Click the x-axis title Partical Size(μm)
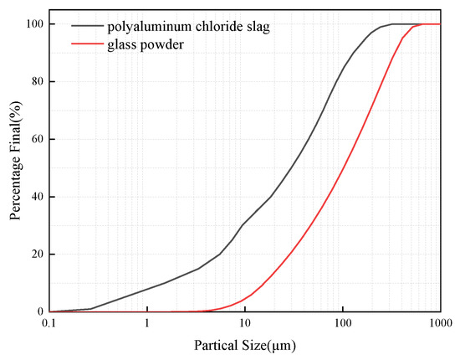coord(245,345)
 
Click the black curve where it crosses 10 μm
coord(245,223)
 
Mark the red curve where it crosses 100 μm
coord(343,167)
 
